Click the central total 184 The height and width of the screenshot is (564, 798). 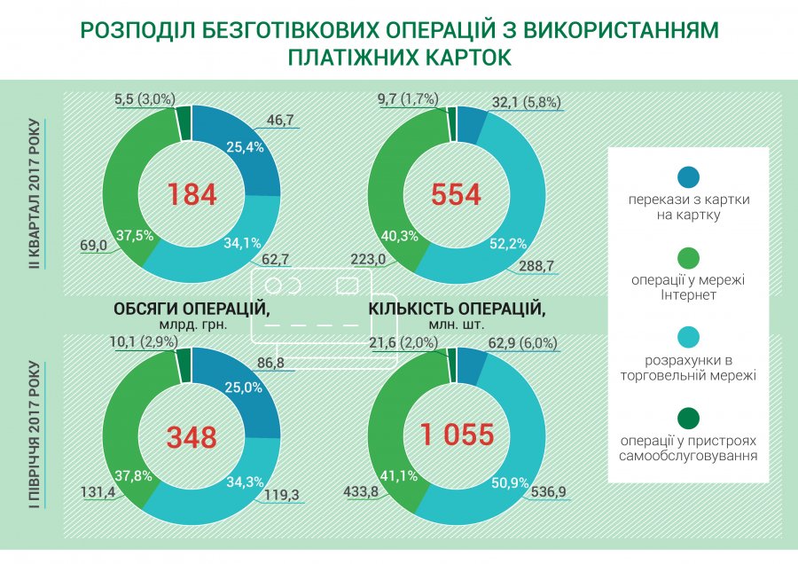[x=192, y=194]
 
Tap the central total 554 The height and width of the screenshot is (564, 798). [x=457, y=194]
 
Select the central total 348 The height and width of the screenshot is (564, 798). [x=192, y=437]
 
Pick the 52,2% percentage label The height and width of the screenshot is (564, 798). [x=510, y=242]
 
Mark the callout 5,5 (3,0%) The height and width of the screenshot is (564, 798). [x=145, y=100]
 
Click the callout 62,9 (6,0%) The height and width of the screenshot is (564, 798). [x=528, y=343]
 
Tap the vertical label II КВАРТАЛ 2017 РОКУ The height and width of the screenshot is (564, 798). [x=35, y=187]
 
